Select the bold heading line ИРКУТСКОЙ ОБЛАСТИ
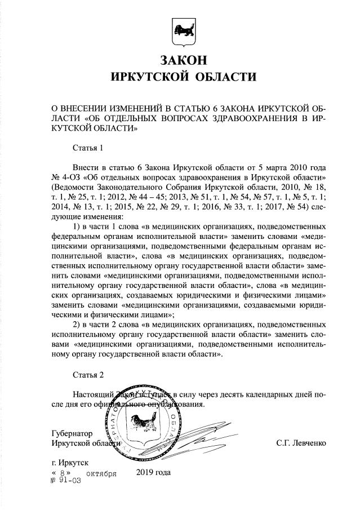pyautogui.click(x=180, y=77)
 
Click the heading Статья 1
pyautogui.click(x=88, y=149)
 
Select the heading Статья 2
pyautogui.click(x=88, y=375)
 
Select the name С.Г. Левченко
pyautogui.click(x=301, y=443)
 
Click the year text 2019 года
pyautogui.click(x=153, y=472)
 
